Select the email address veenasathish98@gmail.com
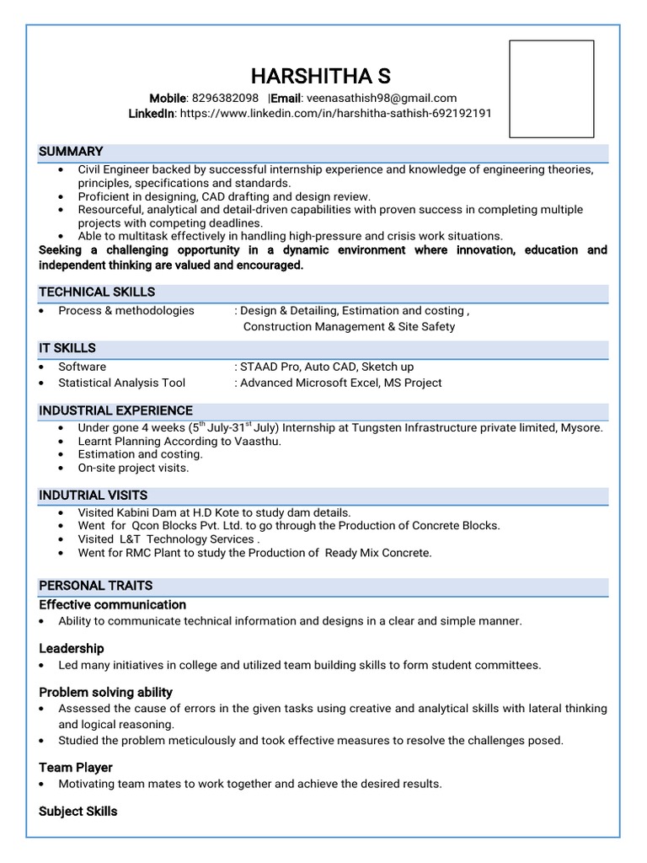(382, 98)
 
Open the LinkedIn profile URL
(335, 113)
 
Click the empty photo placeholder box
(552, 88)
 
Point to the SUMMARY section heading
(71, 152)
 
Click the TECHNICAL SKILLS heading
(97, 292)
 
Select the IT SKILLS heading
(67, 348)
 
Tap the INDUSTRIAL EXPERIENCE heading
(115, 410)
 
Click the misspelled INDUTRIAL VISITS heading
(93, 495)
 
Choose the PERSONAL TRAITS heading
(95, 585)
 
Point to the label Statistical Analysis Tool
(121, 383)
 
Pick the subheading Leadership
(72, 648)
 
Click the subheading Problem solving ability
(105, 692)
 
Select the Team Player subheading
(76, 767)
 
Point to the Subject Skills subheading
(78, 811)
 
